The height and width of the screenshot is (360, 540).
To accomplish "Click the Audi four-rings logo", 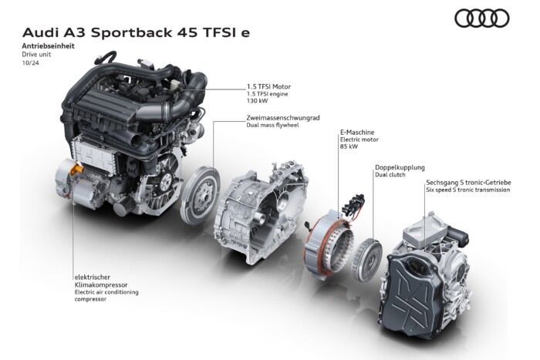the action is pos(482,19).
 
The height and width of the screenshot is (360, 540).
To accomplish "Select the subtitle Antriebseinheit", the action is pos(48,45).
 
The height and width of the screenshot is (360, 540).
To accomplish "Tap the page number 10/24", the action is pos(30,63).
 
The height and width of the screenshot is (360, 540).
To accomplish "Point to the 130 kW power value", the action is pos(257,101).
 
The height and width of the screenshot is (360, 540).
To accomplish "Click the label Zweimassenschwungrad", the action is pos(283,118).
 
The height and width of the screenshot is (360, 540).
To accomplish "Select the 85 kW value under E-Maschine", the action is pos(349,146).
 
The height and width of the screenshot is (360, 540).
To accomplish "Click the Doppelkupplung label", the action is pos(400,167).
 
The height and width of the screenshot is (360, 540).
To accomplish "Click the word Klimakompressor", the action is pos(101,285).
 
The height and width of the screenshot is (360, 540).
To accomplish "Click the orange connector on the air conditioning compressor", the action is pos(76,170).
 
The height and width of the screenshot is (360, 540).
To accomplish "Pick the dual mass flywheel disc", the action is pos(200,195).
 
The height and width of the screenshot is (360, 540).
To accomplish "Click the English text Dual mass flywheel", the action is pos(272,126).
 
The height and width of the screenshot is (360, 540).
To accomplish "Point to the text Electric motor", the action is pos(359,140).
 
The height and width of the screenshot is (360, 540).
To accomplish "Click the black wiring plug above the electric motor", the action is pos(353,203).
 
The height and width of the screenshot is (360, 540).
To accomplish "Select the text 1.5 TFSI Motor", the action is pos(268,87).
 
